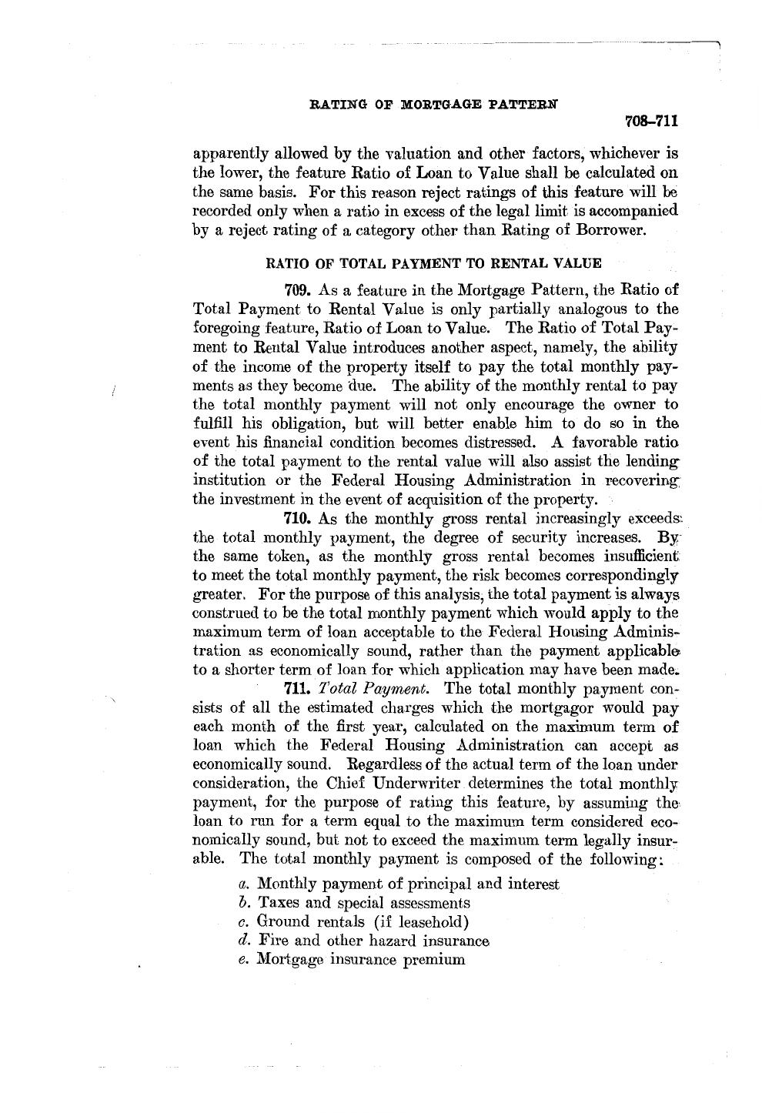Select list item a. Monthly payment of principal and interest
point(399,884)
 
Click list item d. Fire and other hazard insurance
point(364,941)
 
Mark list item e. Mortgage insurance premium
point(352,960)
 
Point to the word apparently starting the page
point(230,153)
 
